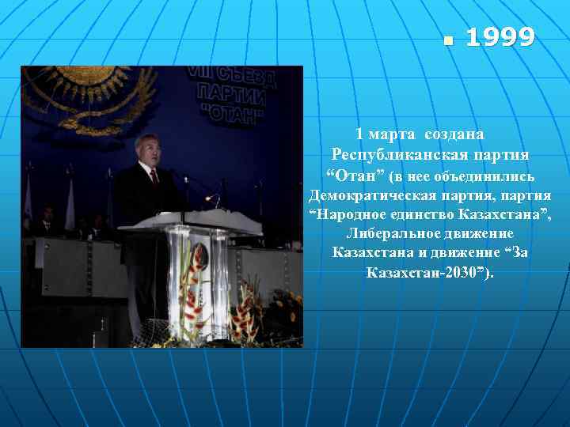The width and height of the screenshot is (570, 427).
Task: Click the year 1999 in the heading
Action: click(x=500, y=37)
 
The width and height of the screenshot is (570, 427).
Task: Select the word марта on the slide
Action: click(x=393, y=134)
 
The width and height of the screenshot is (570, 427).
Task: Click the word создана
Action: click(x=454, y=134)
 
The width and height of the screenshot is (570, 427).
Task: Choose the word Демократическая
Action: click(x=366, y=194)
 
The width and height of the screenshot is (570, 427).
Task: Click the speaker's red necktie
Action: click(x=154, y=176)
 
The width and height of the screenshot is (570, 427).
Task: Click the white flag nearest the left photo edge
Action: click(x=28, y=198)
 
